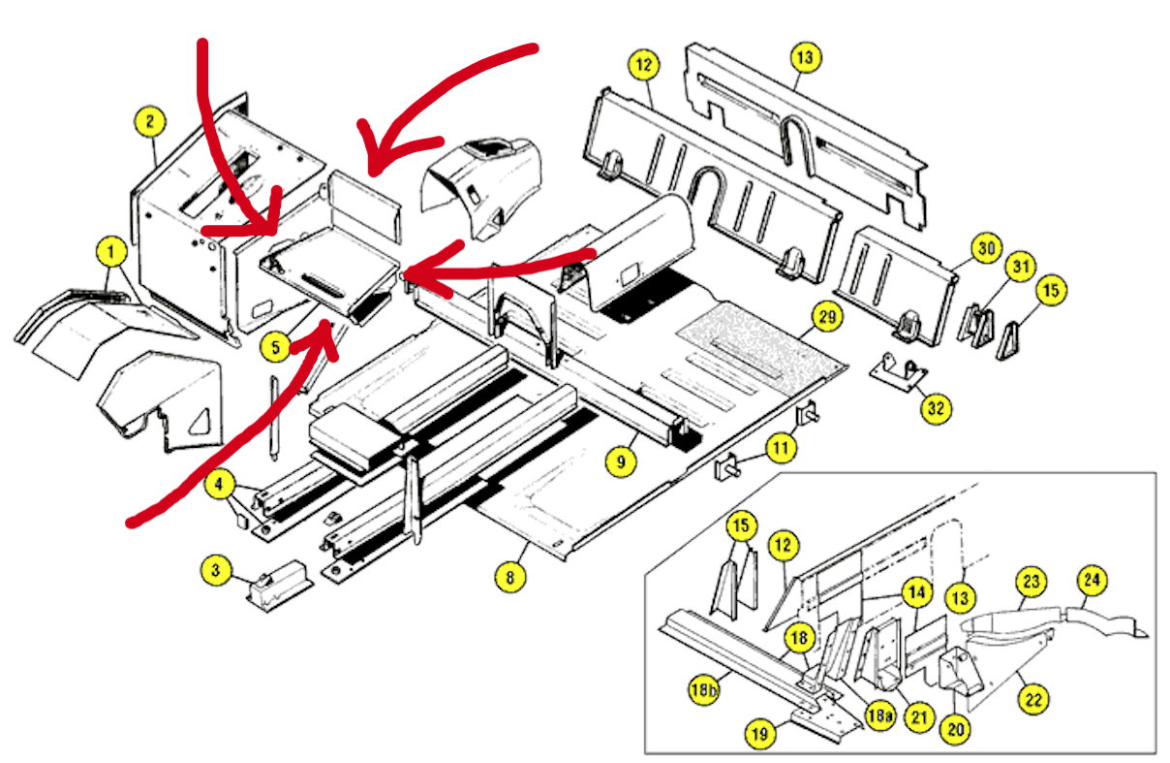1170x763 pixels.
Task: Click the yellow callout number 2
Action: point(149,123)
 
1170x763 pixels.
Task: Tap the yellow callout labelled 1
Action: point(112,254)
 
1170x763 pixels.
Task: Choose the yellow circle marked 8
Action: point(510,578)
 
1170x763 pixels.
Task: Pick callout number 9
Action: point(621,462)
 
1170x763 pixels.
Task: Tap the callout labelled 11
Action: point(781,449)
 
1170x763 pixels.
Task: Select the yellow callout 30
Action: point(986,249)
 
